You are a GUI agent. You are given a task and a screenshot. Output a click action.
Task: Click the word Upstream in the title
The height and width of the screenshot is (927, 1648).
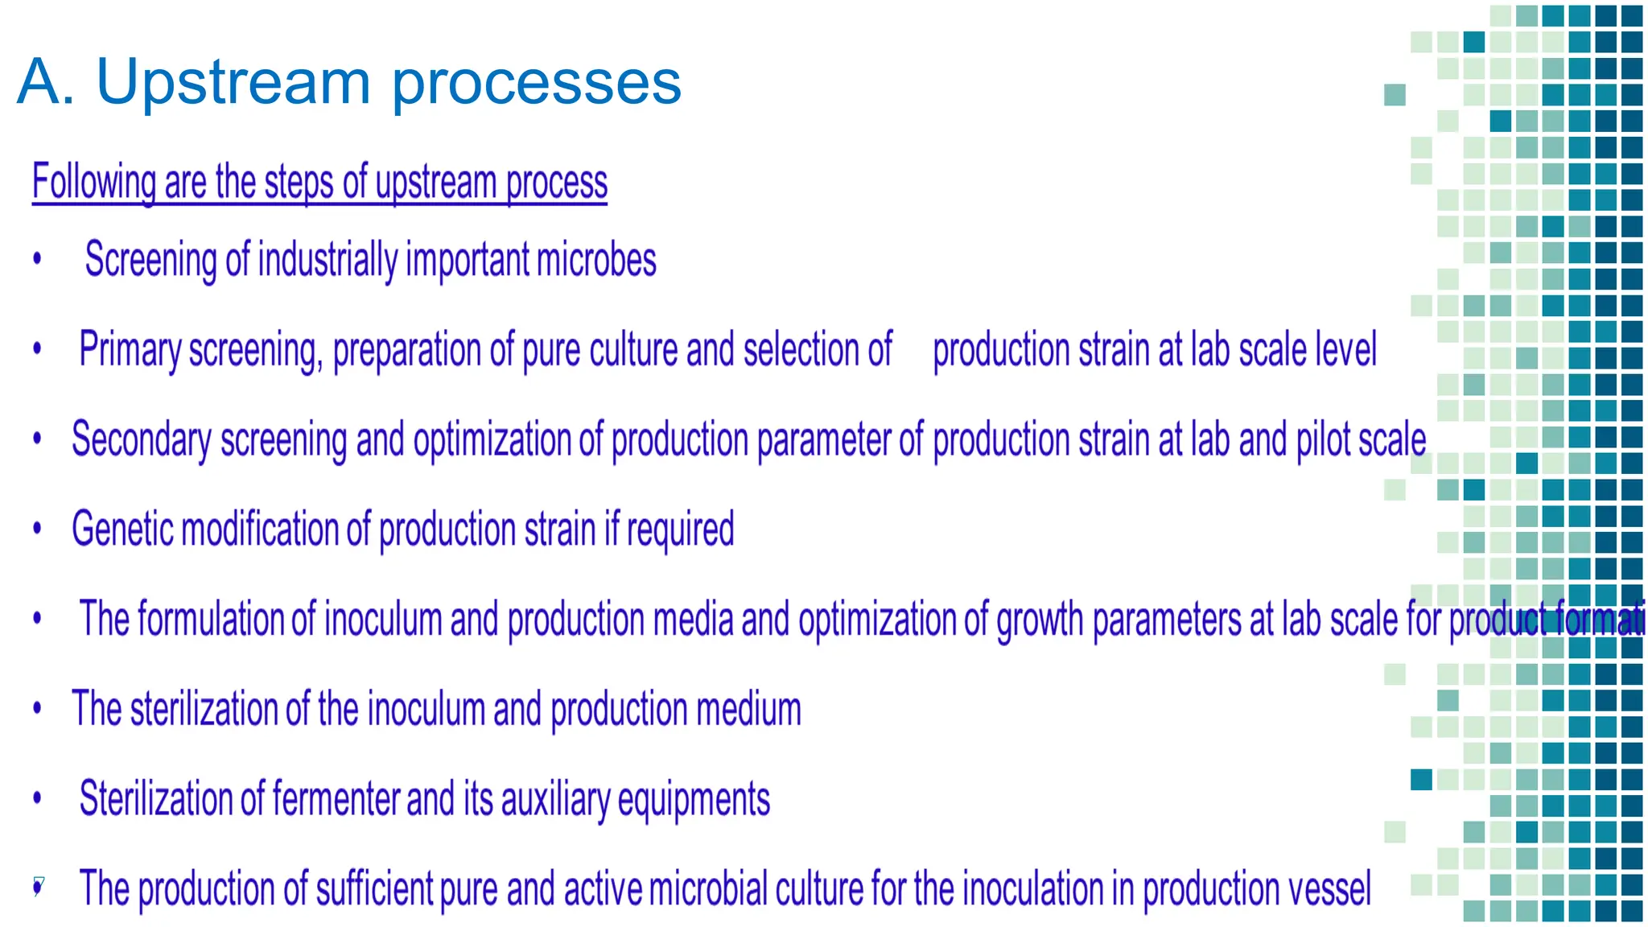[233, 83]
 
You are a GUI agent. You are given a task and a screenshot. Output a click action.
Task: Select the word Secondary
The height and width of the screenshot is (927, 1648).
[141, 440]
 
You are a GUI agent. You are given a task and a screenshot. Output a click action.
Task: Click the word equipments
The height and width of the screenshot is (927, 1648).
[694, 799]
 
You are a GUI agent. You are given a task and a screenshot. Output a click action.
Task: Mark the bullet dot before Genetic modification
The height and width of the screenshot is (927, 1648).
[37, 529]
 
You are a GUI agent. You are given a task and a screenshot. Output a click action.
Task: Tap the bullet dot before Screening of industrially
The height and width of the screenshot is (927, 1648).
[37, 259]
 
